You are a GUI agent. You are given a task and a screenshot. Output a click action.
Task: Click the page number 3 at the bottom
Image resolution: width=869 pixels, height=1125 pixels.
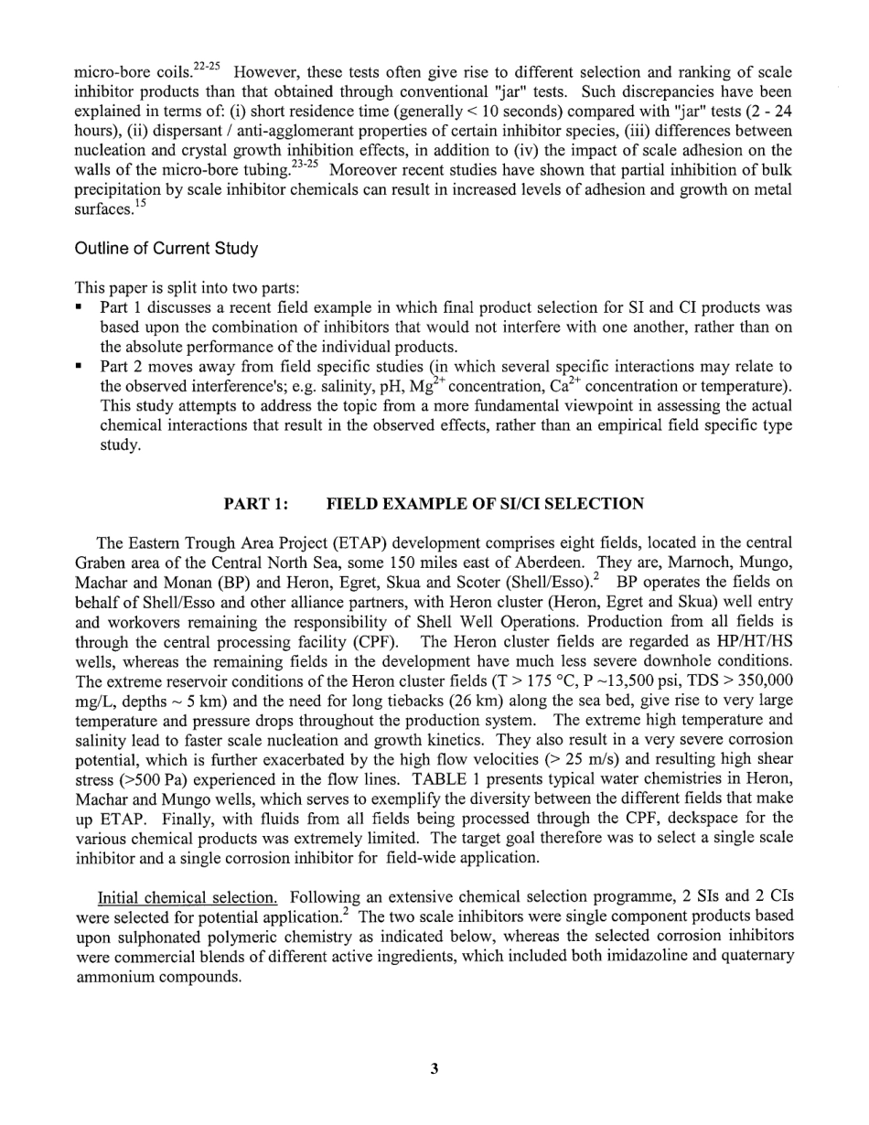pyautogui.click(x=434, y=1068)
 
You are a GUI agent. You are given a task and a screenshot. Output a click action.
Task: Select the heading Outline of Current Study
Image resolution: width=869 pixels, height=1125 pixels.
pyautogui.click(x=166, y=249)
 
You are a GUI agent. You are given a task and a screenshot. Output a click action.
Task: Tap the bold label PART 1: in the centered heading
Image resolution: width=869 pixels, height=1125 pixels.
pyautogui.click(x=256, y=504)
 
